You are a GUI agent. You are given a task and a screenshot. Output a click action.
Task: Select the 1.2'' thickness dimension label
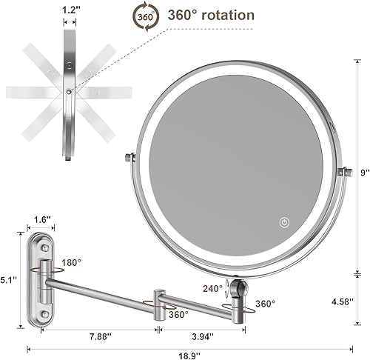tap(69, 11)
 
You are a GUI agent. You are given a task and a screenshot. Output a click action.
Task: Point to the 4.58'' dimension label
tap(344, 301)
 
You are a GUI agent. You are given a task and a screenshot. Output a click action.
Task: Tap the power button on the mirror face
tap(284, 221)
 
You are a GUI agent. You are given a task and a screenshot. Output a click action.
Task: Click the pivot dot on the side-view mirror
tap(68, 90)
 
